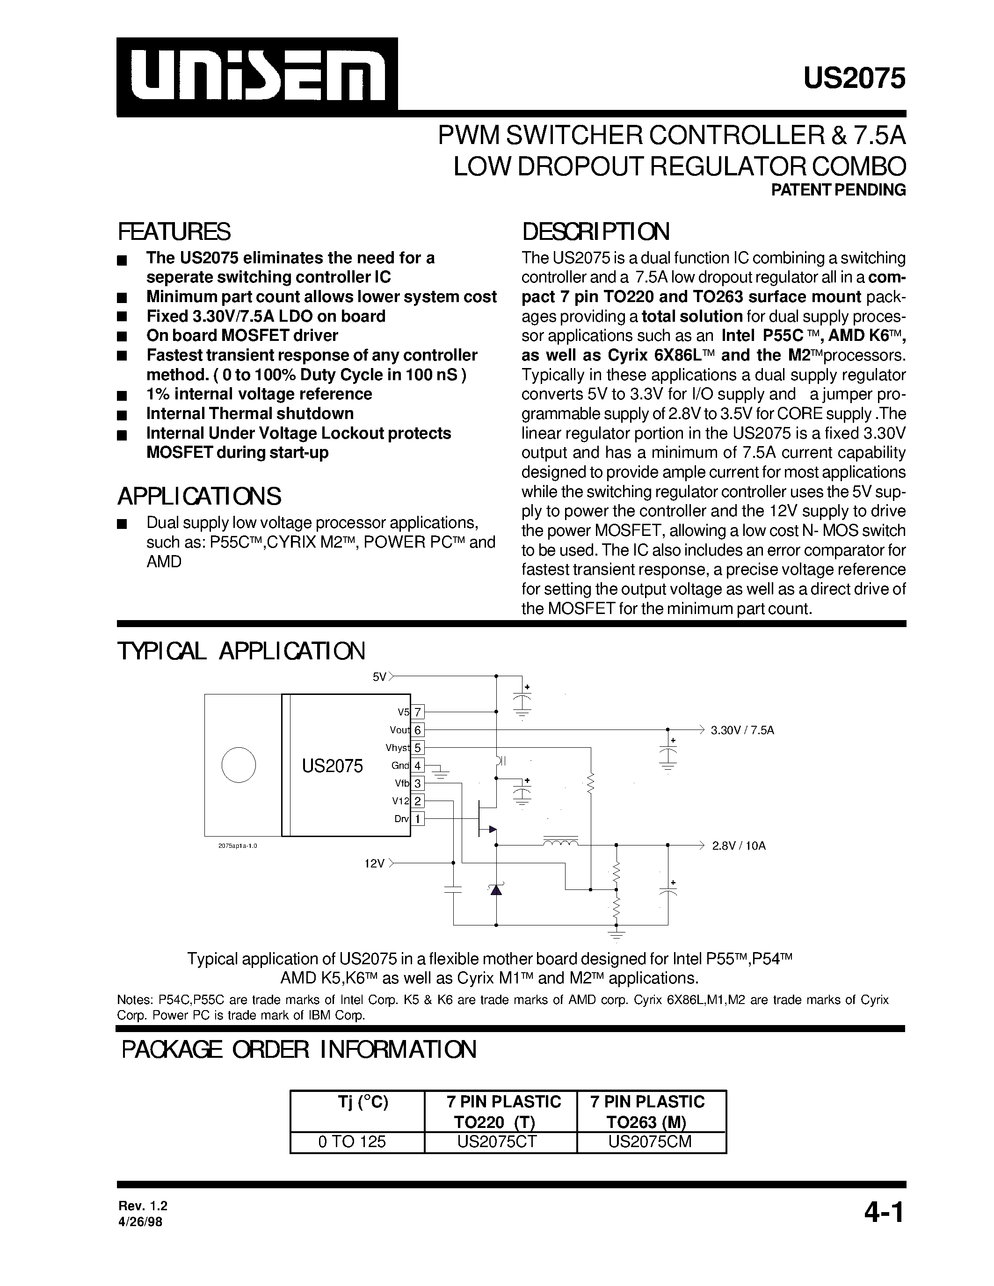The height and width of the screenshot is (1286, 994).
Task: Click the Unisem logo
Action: coord(257,77)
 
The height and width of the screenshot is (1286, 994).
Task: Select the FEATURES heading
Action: coord(174,232)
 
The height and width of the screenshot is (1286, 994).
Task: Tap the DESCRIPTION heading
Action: coord(595,232)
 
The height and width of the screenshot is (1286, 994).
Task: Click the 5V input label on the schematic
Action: coord(379,677)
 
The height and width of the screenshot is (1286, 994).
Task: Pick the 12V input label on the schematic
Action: coord(375,864)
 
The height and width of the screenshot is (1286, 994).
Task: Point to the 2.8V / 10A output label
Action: coord(739,846)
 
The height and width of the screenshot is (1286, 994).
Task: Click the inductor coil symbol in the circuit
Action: coord(559,843)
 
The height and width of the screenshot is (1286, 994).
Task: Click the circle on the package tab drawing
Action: coord(239,766)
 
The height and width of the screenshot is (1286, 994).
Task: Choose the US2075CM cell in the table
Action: coord(650,1142)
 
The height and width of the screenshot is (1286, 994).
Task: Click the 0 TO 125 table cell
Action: coord(352,1142)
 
